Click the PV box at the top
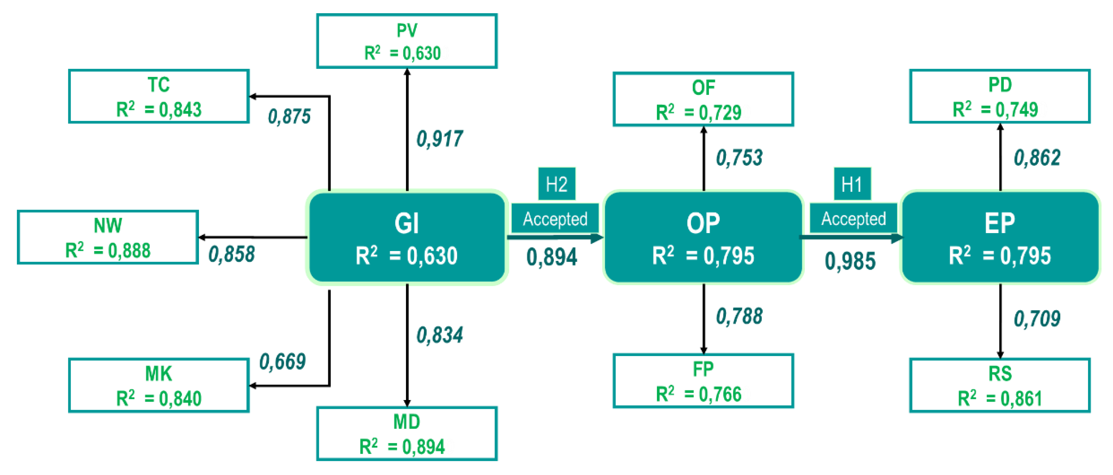(x=407, y=42)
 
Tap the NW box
(x=107, y=237)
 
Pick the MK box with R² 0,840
(x=158, y=385)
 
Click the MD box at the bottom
(x=407, y=434)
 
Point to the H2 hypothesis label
(x=557, y=184)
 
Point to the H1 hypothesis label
(x=852, y=184)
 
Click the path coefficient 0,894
(x=552, y=257)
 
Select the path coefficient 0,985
(x=850, y=261)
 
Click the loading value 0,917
(x=439, y=139)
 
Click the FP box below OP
(x=703, y=381)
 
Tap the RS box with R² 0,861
(x=1000, y=385)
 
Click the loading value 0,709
(x=1037, y=319)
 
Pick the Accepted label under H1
(x=853, y=219)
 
